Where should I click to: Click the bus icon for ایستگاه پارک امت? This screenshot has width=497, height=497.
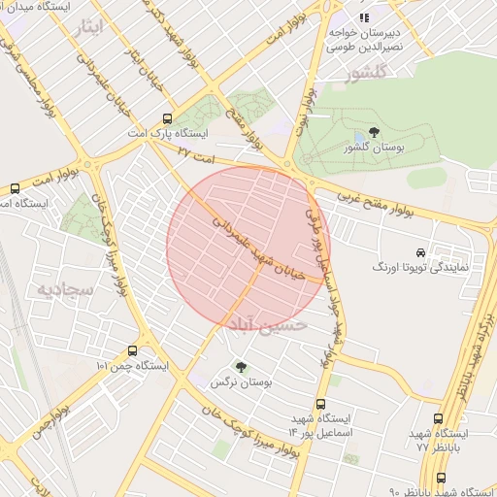(x=170, y=117)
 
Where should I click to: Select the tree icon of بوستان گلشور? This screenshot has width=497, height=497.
(x=375, y=133)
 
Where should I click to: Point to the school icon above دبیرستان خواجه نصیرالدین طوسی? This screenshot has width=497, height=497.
(x=365, y=17)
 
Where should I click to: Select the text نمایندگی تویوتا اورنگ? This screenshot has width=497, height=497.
(x=422, y=265)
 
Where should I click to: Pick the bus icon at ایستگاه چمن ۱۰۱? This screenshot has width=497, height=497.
(x=131, y=350)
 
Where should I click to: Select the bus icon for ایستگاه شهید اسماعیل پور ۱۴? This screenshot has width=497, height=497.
(x=320, y=404)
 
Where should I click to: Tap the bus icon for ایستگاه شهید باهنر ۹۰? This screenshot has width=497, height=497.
(x=442, y=479)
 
